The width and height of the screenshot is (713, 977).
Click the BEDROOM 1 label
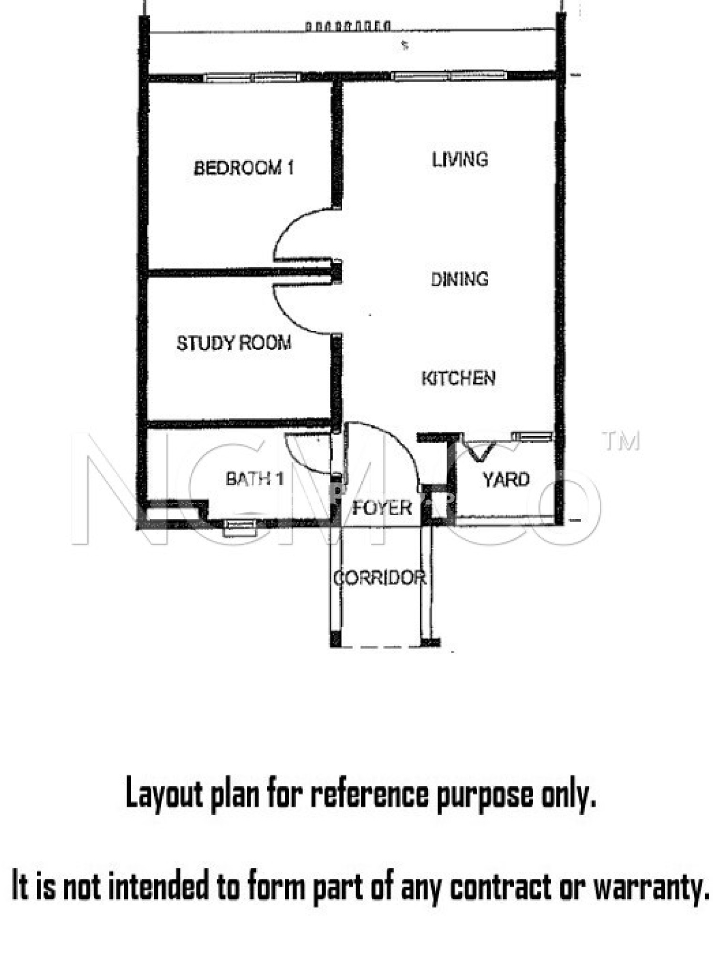coord(244,168)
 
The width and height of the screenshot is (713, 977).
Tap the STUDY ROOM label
coord(234,343)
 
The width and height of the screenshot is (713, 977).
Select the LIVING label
coord(460,159)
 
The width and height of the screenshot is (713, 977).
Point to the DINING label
coord(460,279)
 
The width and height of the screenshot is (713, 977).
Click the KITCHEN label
coord(459,378)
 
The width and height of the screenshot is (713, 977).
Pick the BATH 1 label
coord(255,478)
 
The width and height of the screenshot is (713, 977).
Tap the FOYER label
coord(382,508)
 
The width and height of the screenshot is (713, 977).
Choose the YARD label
coord(506,479)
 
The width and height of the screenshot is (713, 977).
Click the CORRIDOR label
coord(380,578)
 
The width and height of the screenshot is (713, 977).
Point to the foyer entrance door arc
coord(401,441)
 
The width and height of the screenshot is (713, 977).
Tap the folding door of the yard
coord(480,452)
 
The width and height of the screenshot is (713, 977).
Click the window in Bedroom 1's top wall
coord(252,77)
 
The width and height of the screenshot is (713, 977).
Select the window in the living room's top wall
coord(449,75)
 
